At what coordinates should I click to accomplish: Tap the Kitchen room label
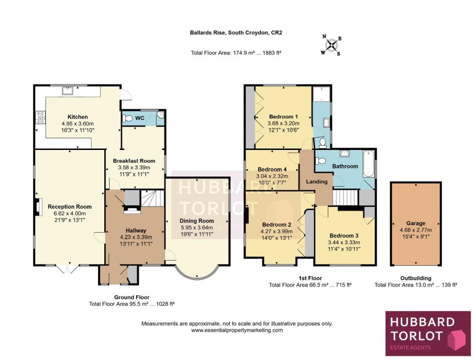click(x=78, y=117)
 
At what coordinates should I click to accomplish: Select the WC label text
click(x=140, y=118)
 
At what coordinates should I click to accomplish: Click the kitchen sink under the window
click(x=66, y=90)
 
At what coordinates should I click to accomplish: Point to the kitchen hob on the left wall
click(x=38, y=118)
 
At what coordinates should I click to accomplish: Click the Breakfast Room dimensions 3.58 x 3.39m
click(x=134, y=168)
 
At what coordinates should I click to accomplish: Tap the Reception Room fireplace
click(x=37, y=207)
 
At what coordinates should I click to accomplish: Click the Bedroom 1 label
click(x=284, y=117)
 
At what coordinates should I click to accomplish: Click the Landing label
click(x=317, y=181)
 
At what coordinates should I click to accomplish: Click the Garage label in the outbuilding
click(x=416, y=224)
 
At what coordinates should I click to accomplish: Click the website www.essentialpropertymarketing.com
click(x=237, y=330)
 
